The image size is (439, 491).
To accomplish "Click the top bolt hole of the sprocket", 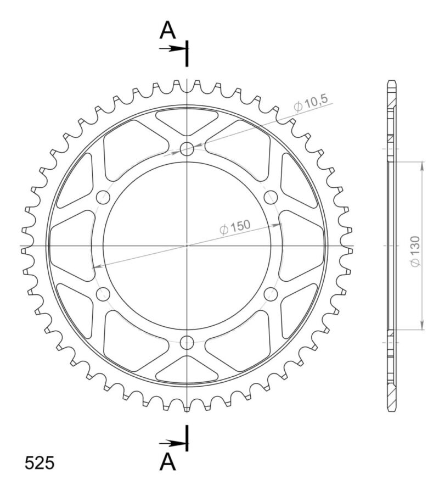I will [x=187, y=148].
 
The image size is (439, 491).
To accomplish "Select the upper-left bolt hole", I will [x=103, y=197].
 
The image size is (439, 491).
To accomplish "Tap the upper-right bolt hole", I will [x=271, y=197].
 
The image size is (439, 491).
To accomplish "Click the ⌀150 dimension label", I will [x=235, y=227].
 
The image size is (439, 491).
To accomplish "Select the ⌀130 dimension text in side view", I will [x=415, y=252].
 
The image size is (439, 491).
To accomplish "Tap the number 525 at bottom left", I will [x=40, y=463].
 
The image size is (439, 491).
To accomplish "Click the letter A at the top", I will [x=167, y=31].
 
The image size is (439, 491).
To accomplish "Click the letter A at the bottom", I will [x=167, y=462].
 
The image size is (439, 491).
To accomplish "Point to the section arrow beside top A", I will [x=175, y=49].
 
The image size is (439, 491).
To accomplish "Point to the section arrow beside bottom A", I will [x=175, y=443].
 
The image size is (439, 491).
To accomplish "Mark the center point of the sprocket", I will [x=187, y=245].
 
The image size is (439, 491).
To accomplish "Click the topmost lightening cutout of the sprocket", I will [x=187, y=121].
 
